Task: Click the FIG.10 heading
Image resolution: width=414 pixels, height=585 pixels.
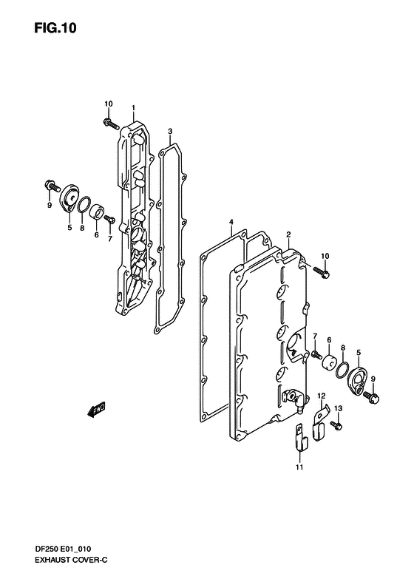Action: [x=55, y=28]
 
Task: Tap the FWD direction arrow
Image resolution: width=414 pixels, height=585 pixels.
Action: [x=96, y=409]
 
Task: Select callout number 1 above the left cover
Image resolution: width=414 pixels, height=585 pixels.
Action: [x=133, y=108]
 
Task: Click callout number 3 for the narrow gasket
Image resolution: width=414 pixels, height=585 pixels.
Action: [x=170, y=132]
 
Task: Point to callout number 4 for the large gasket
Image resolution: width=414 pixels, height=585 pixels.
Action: [x=231, y=223]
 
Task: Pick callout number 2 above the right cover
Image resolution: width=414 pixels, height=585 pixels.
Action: [x=288, y=234]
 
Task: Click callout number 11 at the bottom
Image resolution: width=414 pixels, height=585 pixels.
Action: [x=299, y=467]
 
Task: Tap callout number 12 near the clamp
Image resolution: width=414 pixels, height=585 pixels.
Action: [x=322, y=396]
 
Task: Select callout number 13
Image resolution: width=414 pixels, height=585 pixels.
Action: [x=338, y=408]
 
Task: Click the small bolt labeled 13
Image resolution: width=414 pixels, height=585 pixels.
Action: [x=336, y=425]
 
